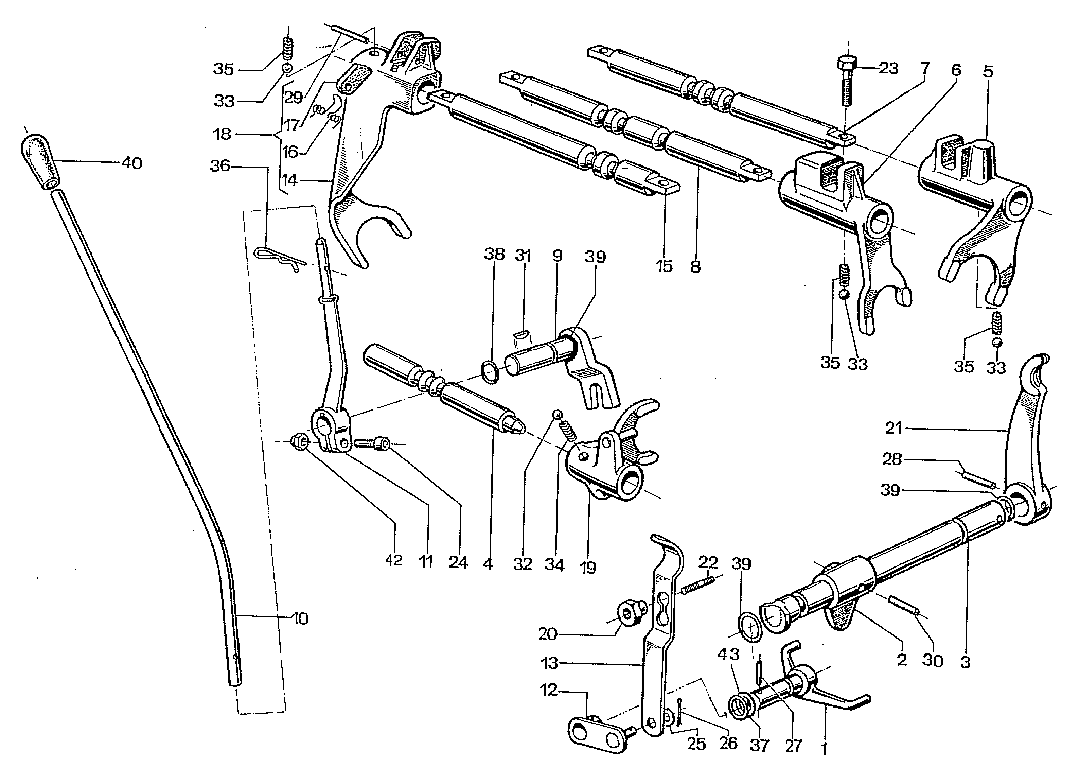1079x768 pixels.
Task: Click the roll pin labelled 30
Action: click(903, 606)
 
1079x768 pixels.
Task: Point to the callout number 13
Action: click(549, 663)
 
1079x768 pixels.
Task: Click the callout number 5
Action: click(988, 72)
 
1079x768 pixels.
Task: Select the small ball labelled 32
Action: click(558, 414)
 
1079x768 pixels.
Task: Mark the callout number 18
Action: click(222, 135)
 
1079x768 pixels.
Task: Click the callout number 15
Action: click(664, 266)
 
